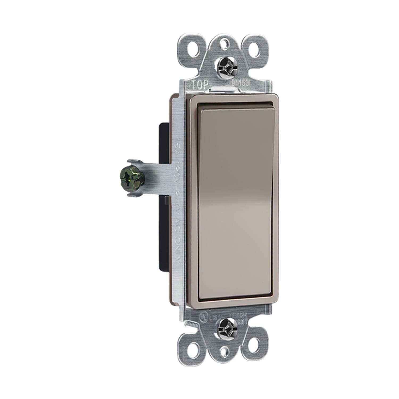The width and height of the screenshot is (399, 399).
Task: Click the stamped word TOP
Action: click(x=199, y=85)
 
